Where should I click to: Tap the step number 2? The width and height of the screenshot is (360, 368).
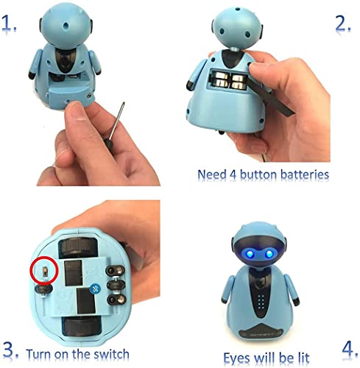coord(342,24)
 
